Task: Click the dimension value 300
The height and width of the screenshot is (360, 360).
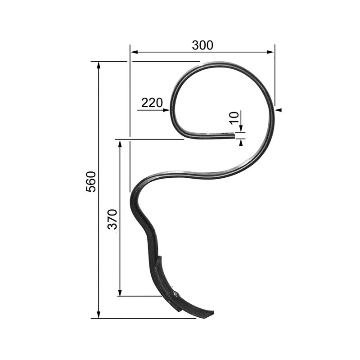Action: [x=202, y=45]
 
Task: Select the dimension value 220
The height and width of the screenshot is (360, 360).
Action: [x=152, y=103]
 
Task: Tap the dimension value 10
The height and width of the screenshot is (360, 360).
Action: [x=233, y=118]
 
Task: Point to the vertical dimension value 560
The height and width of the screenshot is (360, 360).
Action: [x=91, y=181]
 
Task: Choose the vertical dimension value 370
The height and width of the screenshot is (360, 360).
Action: [x=112, y=219]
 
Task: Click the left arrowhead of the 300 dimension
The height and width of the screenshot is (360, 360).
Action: [x=134, y=52]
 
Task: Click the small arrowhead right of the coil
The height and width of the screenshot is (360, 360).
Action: [x=279, y=109]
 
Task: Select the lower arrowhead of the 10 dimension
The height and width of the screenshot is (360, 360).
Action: [x=241, y=142]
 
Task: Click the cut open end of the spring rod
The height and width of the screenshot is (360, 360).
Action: [x=234, y=135]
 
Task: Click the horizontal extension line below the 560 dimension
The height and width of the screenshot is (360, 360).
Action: [x=144, y=318]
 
